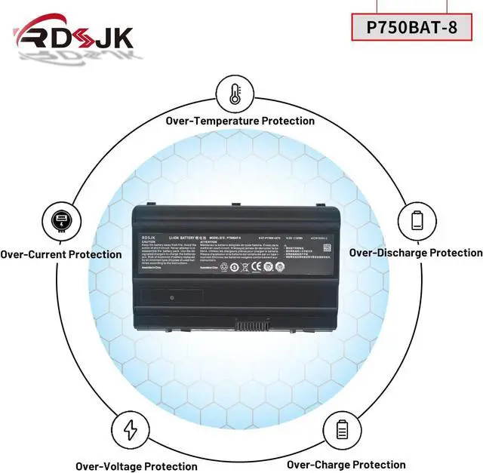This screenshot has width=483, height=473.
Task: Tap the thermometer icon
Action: pos(234,94)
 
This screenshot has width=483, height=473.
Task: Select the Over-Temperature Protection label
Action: pos(240,121)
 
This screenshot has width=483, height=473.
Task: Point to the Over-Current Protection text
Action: pos(60,254)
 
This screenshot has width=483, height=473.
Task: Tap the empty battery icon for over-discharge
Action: pos(417,221)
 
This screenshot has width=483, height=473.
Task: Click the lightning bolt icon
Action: pos(131,429)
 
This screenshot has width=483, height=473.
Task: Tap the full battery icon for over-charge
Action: pos(342,429)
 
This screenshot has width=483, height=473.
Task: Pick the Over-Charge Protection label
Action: pos(346,465)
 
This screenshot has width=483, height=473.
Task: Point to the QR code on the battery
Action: pos(280,266)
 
